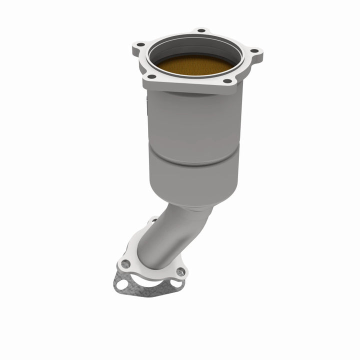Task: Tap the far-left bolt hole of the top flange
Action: click(x=140, y=44)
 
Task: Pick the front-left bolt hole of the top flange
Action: click(x=151, y=76)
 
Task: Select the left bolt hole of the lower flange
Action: click(x=126, y=263)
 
